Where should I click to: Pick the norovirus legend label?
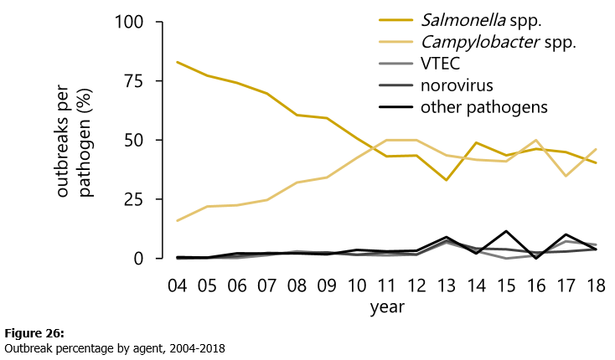(x=457, y=85)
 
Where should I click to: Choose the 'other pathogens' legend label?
(x=483, y=107)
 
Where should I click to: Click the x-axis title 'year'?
(x=387, y=307)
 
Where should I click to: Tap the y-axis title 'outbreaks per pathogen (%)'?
(x=74, y=140)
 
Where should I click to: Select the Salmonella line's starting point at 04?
(x=178, y=62)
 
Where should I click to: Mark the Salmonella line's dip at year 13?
(x=447, y=180)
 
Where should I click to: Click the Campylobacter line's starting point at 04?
(x=178, y=221)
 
